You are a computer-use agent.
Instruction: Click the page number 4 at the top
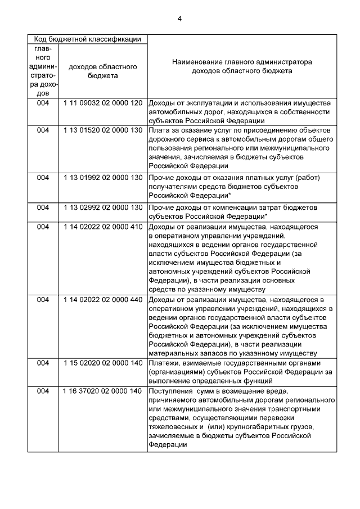[x=179, y=20]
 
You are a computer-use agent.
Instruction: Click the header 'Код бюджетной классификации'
[x=87, y=39]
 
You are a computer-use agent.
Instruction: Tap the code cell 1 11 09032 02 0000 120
[x=102, y=103]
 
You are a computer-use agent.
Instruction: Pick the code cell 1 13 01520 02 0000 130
[x=102, y=130]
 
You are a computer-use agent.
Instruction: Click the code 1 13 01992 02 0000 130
[x=102, y=178]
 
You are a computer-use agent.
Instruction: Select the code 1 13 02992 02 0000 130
[x=102, y=208]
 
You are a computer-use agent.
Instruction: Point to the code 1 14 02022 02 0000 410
[x=102, y=227]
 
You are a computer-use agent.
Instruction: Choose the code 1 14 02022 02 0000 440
[x=102, y=300]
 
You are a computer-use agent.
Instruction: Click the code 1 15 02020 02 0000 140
[x=102, y=363]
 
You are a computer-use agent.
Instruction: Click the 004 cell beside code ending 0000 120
[x=43, y=103]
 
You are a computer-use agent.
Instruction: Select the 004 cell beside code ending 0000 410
[x=43, y=227]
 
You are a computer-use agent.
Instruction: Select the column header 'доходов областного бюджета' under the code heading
[x=102, y=71]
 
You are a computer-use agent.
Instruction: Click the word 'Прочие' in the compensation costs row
[x=162, y=208]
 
